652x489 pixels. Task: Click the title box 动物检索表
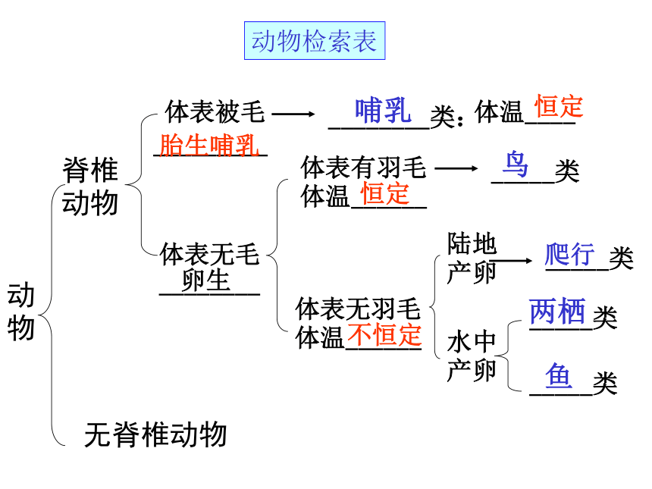coord(315,41)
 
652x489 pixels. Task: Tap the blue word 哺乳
coord(383,110)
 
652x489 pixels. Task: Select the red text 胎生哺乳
coord(209,145)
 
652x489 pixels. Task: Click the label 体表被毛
coord(215,111)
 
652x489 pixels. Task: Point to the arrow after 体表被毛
coord(293,114)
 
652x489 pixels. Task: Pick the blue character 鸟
coord(516,165)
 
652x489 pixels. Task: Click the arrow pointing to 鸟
coord(456,168)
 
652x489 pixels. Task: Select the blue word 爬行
coord(569,254)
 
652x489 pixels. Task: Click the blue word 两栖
coord(557,312)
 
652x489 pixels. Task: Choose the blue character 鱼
coord(559,375)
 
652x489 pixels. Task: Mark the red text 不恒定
coord(384,335)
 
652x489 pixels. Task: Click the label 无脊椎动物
coord(155,434)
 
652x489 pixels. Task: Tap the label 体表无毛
coord(210,254)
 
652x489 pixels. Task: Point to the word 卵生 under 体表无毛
coord(205,281)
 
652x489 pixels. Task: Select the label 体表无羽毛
coord(358,308)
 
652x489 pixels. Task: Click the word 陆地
coord(472,243)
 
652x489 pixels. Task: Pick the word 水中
coord(472,342)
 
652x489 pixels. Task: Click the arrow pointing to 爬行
coord(511,261)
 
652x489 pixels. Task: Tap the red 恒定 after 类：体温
coord(559,106)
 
